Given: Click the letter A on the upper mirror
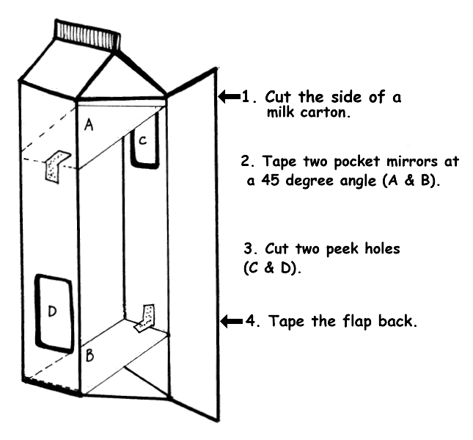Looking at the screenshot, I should coord(89,125).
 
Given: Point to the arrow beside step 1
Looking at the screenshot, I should coord(230,96).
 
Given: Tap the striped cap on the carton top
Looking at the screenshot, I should coord(87,34).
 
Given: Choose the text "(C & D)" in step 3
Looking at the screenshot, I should coord(273,269).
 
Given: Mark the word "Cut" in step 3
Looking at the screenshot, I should coord(277,249).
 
